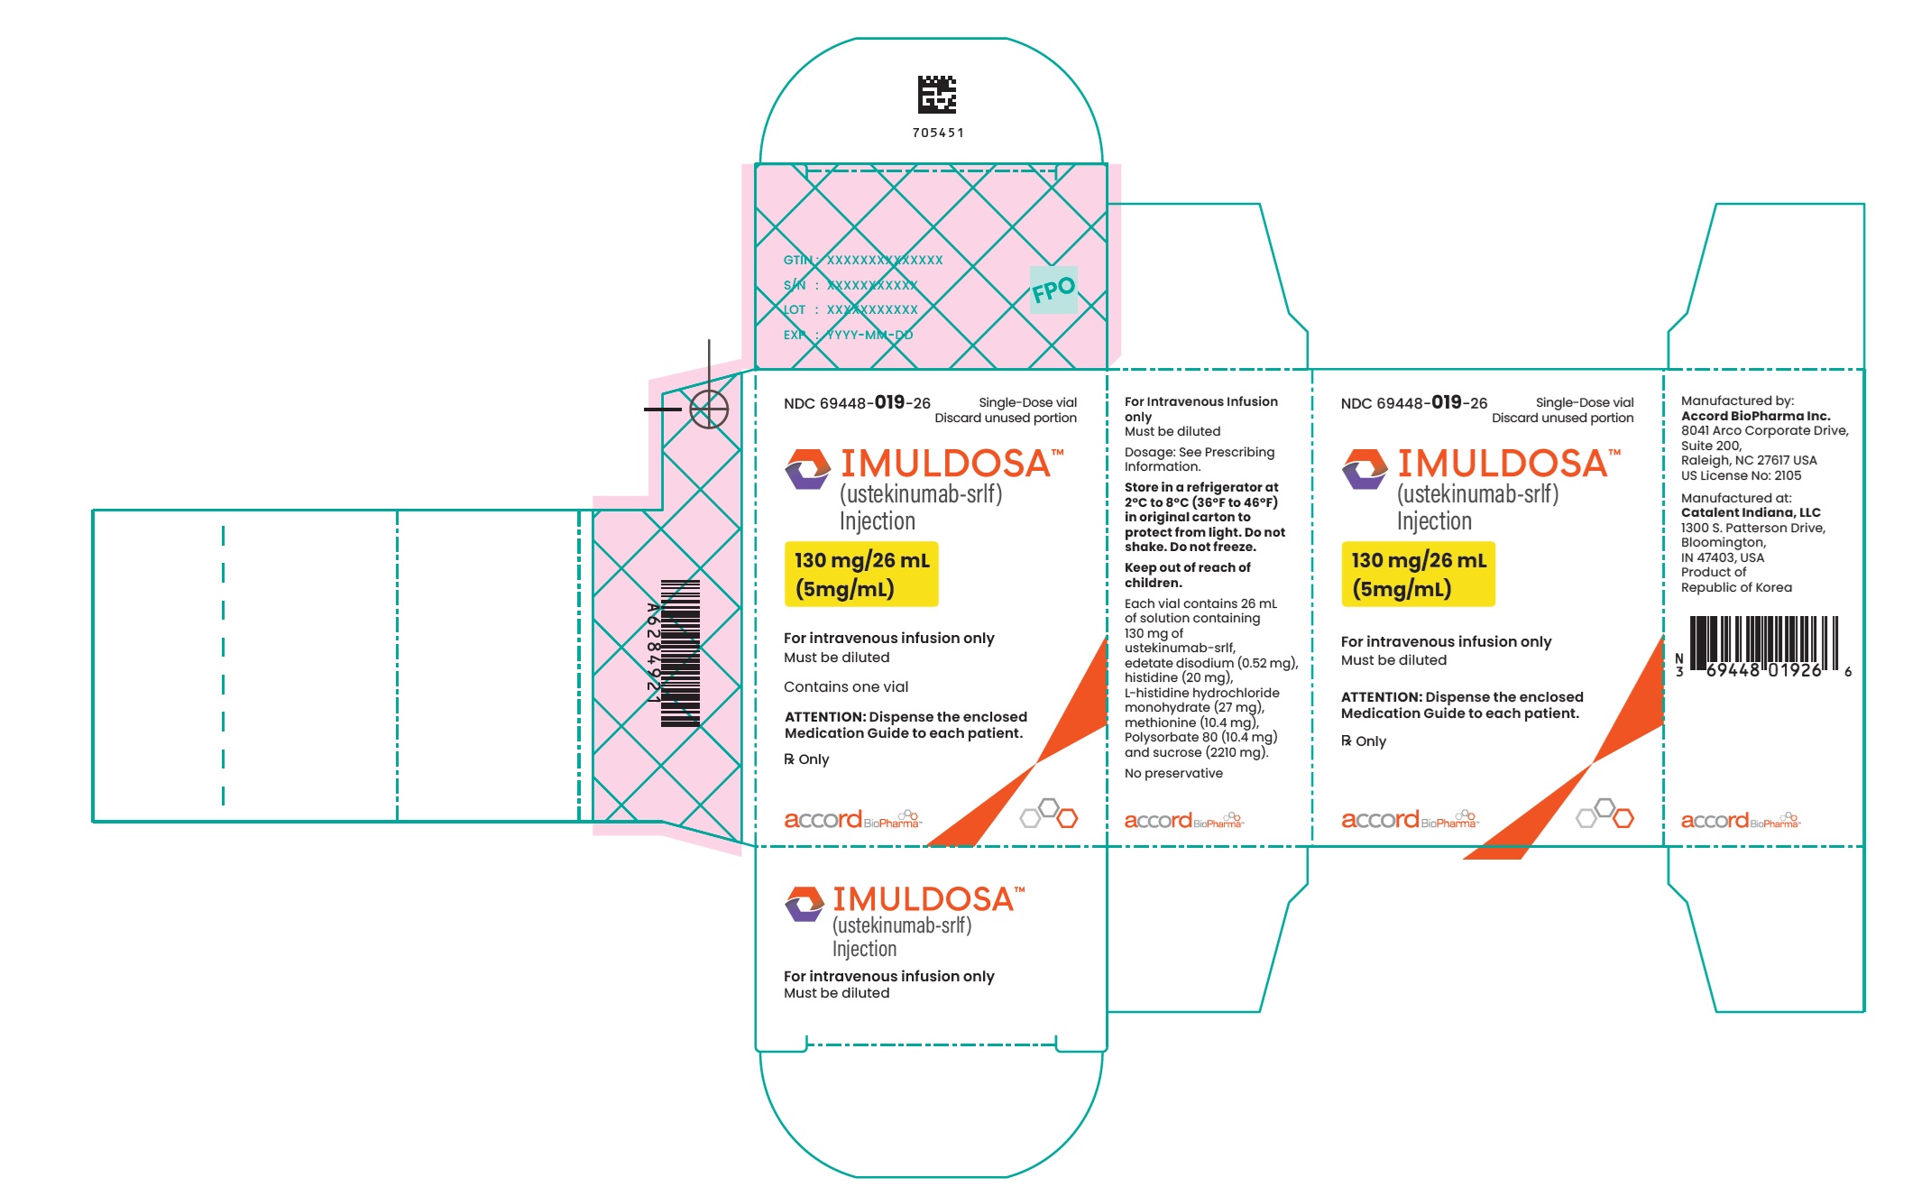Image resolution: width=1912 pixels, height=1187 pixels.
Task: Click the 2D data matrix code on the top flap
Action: tap(937, 95)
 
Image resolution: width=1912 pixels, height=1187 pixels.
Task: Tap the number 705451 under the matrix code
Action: tap(938, 133)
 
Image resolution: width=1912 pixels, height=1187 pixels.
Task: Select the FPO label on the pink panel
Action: tap(1053, 290)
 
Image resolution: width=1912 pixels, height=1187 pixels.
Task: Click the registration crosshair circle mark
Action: tap(709, 409)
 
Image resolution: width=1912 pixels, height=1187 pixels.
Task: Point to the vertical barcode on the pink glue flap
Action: tap(680, 653)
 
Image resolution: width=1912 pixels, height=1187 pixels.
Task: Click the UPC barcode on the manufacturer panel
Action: tap(1763, 646)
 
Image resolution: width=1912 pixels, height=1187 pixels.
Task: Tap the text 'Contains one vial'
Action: tap(846, 686)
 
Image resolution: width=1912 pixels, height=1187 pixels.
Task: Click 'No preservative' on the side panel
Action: tap(1173, 773)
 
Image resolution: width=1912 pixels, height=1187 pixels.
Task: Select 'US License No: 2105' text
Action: tap(1741, 475)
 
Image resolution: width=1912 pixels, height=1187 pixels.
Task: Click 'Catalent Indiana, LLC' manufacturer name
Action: tap(1751, 512)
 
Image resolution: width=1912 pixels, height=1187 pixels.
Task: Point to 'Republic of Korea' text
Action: tap(1736, 587)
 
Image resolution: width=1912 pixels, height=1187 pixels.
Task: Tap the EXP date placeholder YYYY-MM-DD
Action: tap(869, 335)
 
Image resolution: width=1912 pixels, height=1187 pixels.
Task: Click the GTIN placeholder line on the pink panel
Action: tap(863, 260)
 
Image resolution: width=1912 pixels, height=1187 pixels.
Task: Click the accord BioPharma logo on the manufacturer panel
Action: tap(1739, 820)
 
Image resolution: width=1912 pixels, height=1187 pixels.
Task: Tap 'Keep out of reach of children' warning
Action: tap(1187, 575)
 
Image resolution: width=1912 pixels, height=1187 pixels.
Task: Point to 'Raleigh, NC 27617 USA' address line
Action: tap(1749, 460)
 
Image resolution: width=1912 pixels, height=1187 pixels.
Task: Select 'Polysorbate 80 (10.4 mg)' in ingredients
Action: tap(1200, 737)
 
